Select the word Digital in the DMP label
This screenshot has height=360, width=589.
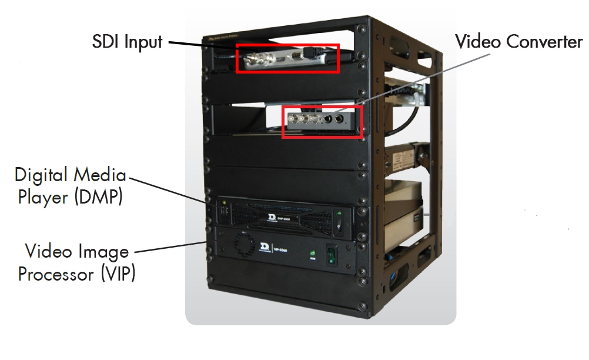(38, 175)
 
